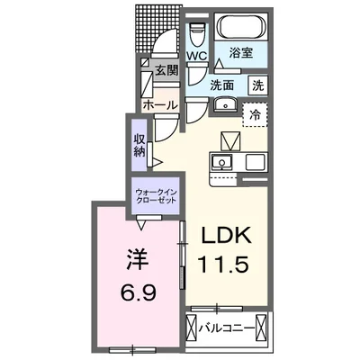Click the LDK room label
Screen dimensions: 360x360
pyautogui.click(x=225, y=237)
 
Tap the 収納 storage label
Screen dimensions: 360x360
pyautogui.click(x=140, y=145)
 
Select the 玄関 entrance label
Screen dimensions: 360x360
pyautogui.click(x=166, y=70)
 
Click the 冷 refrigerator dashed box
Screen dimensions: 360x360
pyautogui.click(x=256, y=114)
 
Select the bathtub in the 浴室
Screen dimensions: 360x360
pyautogui.click(x=235, y=26)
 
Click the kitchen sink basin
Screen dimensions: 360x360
pyautogui.click(x=221, y=163)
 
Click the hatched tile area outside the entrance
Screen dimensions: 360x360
pyautogui.click(x=158, y=27)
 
